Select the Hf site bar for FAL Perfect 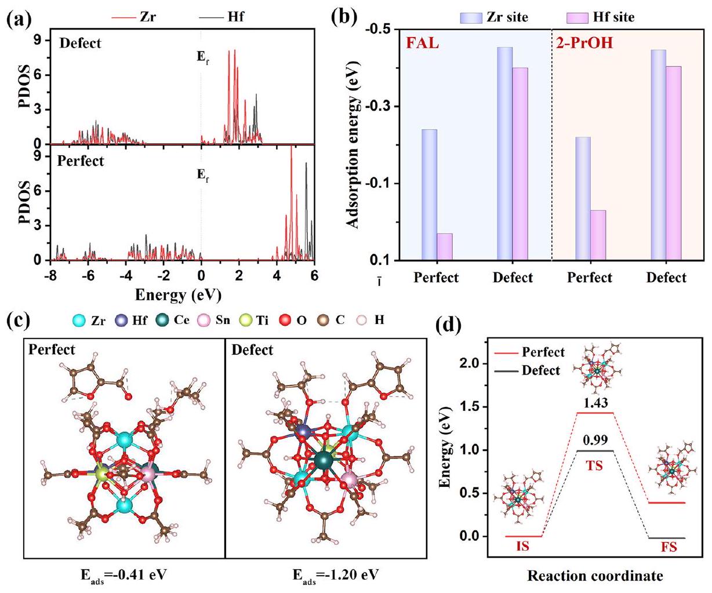tap(445, 246)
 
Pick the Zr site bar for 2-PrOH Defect tap(658, 155)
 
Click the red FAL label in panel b tap(423, 43)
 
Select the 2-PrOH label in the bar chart tap(584, 43)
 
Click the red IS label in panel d tap(523, 546)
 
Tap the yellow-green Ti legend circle tap(245, 320)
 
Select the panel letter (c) tap(17, 320)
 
